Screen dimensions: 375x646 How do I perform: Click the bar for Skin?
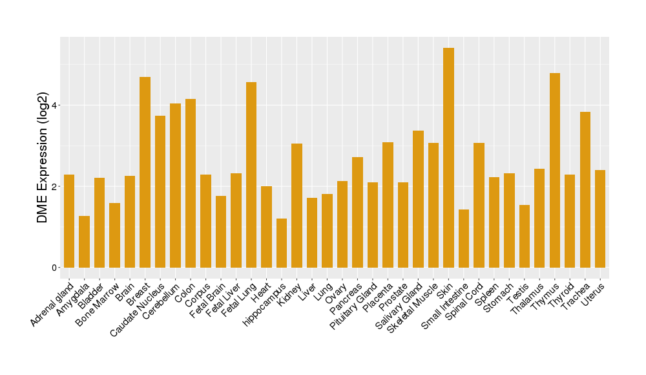click(448, 158)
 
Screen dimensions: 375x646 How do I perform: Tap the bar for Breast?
click(145, 172)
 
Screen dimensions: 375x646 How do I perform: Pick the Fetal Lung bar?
click(251, 175)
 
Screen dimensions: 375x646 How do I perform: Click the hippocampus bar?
click(282, 243)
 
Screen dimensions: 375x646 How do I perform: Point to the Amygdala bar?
click(84, 242)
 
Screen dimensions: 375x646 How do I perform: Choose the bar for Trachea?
click(585, 189)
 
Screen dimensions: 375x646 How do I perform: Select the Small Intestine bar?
click(464, 239)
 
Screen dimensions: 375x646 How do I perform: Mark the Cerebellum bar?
click(175, 186)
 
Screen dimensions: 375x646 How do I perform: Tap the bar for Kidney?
click(297, 206)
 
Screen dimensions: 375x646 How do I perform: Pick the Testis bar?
click(525, 236)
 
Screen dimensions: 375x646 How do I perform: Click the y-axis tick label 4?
click(55, 105)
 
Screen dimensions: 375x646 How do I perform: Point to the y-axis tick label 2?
click(55, 186)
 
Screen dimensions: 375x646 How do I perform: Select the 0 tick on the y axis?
click(55, 268)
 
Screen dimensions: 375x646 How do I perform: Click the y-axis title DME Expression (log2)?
click(43, 158)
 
